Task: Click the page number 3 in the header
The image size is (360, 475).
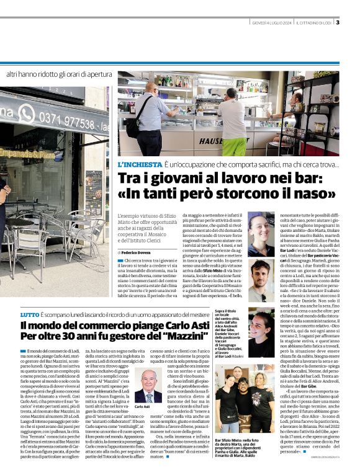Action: click(337, 23)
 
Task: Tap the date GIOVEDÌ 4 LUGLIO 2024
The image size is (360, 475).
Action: click(271, 24)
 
